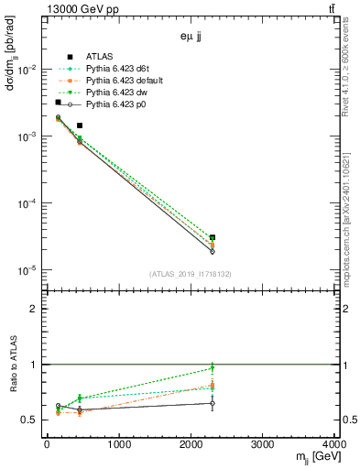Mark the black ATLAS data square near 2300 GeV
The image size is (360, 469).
pyautogui.click(x=213, y=238)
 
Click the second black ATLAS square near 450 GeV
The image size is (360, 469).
pyautogui.click(x=80, y=125)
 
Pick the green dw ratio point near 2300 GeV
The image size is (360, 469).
pyautogui.click(x=213, y=368)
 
